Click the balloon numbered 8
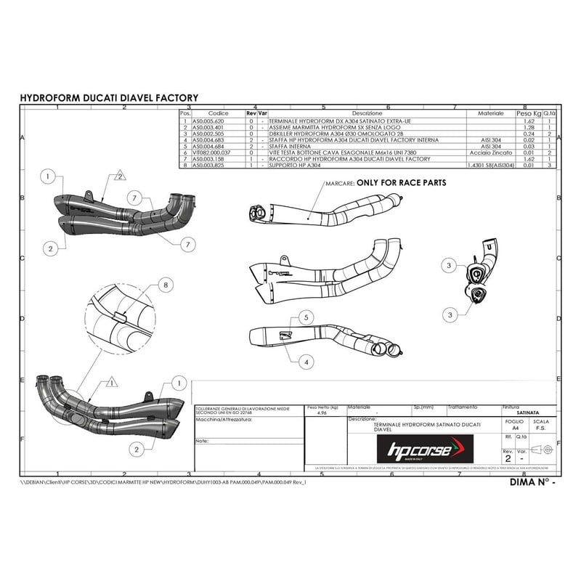point(166,286)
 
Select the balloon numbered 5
point(306,317)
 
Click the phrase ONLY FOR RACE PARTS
point(401,183)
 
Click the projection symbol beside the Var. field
point(541,451)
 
